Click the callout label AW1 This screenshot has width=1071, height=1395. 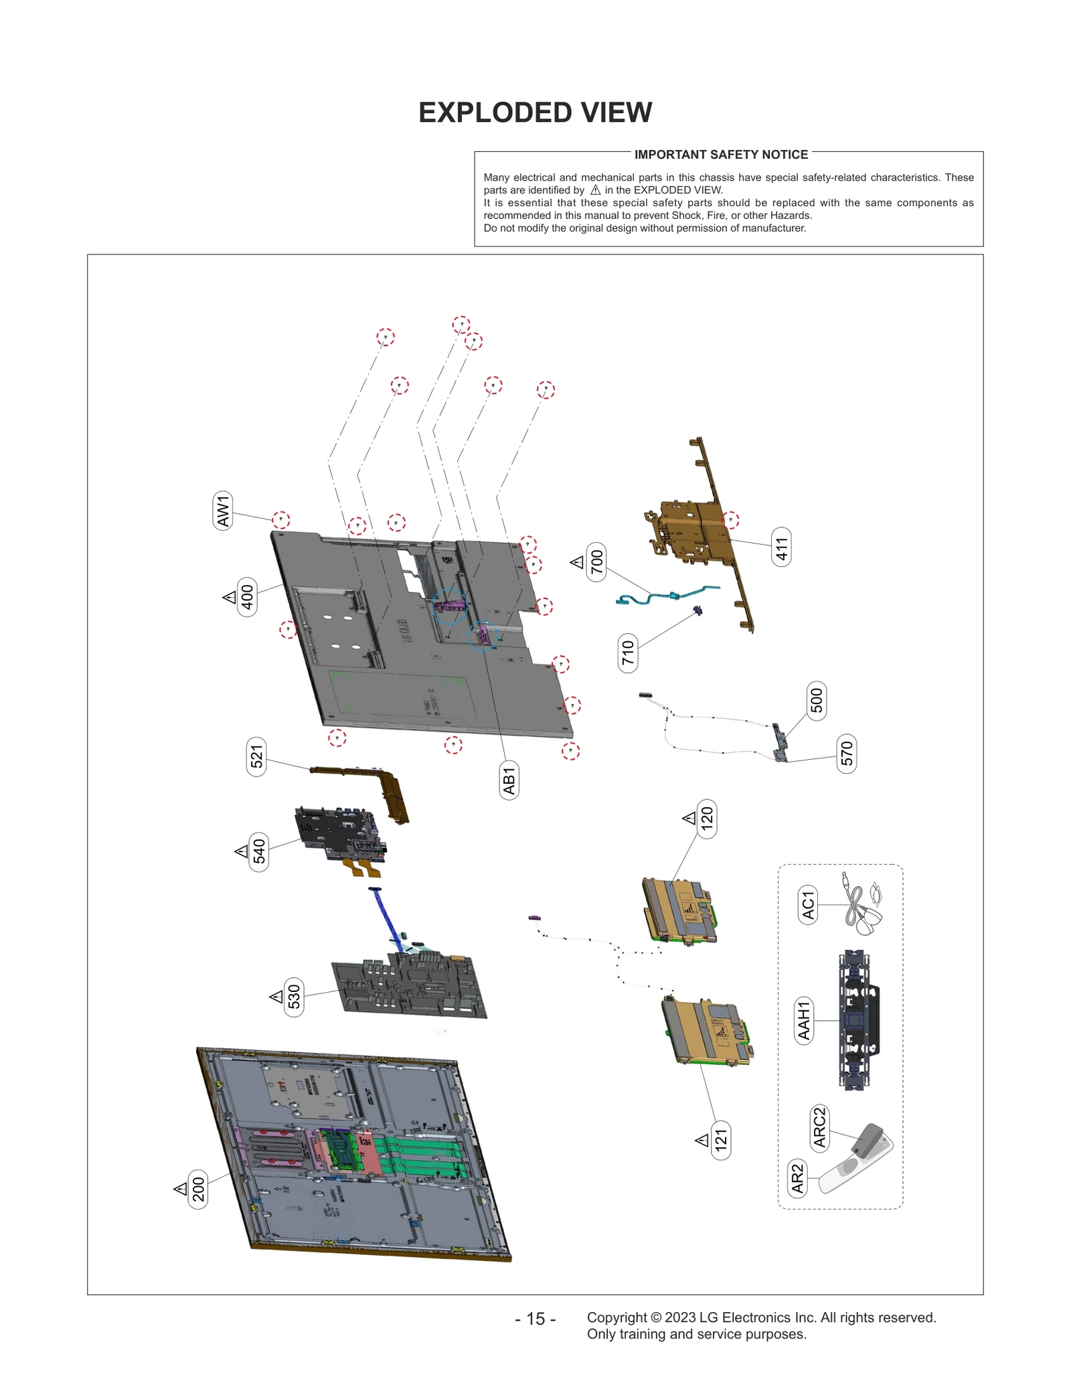(223, 511)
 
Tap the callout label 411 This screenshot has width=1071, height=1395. (781, 547)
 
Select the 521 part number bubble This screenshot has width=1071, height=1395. (256, 756)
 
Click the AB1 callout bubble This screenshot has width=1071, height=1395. (509, 780)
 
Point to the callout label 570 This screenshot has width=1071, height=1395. (847, 753)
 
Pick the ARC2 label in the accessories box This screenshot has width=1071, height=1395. (819, 1127)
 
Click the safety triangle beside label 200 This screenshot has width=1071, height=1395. (180, 1189)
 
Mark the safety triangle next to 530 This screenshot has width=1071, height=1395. (276, 997)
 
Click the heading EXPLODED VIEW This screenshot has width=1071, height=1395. (535, 112)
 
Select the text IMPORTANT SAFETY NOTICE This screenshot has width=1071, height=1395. (721, 155)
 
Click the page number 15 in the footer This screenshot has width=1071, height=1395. (535, 1318)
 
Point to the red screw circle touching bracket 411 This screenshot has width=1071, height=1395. (730, 519)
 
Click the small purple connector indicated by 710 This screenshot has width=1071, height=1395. (697, 610)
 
